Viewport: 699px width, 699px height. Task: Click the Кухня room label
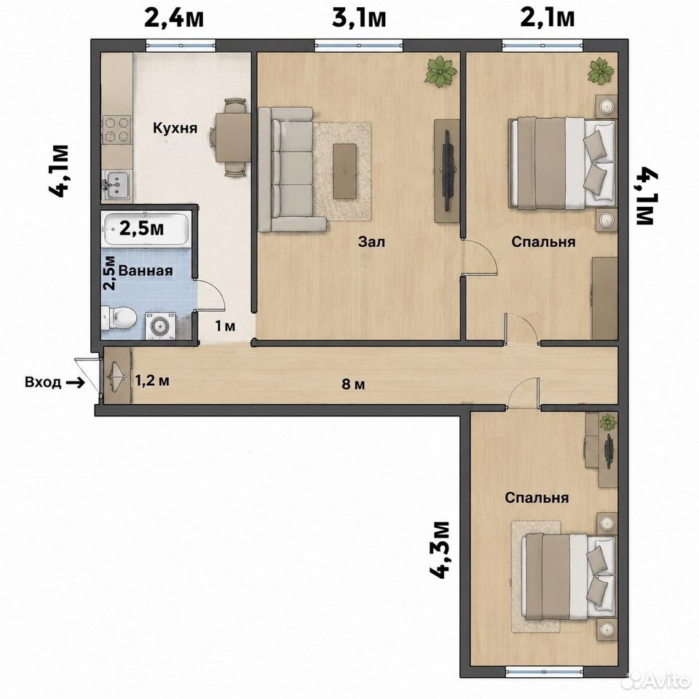pos(175,128)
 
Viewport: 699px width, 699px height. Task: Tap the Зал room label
pos(371,242)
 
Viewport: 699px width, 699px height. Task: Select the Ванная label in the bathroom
pos(146,271)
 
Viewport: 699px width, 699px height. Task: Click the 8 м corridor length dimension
pos(353,384)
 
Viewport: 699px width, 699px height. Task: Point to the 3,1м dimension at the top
pos(358,19)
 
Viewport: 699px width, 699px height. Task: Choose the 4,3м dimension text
pos(440,549)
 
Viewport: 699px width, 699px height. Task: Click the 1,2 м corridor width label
pos(152,381)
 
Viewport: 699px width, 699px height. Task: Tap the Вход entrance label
pos(43,382)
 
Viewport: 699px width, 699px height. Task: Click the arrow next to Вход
pos(75,382)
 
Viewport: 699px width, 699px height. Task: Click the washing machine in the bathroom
pos(159,326)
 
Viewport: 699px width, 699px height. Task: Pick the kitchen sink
pos(116,184)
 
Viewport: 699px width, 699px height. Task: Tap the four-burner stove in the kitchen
pos(116,129)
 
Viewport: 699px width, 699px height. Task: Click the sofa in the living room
pos(291,170)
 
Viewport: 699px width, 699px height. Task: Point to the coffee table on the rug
pos(345,171)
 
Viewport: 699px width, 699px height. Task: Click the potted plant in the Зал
pos(441,71)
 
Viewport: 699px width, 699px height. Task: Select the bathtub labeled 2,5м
pos(146,229)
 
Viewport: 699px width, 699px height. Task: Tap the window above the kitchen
pos(181,44)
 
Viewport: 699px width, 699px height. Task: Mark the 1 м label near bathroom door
pos(225,326)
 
